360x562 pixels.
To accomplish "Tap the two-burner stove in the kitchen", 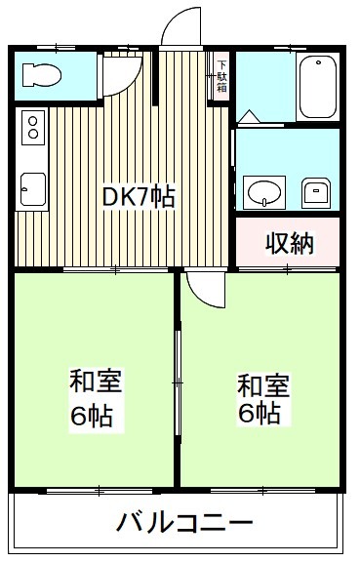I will pos(32,127).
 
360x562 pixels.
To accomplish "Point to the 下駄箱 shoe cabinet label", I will pos(220,73).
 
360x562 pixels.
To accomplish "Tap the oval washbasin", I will pos(261,191).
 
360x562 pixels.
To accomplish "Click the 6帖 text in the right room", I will pos(259,414).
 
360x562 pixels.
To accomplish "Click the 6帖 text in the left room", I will pos(91,417).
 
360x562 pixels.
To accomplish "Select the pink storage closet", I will pos(287,242).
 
